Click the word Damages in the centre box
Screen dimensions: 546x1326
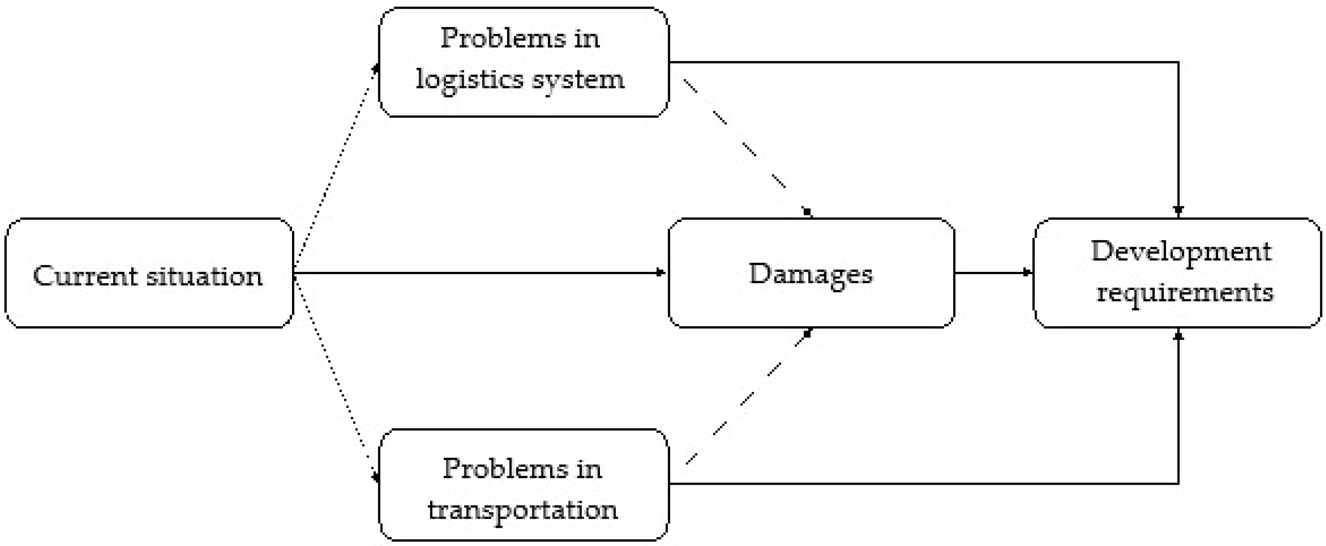click(x=811, y=274)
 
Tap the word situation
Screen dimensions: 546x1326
click(x=205, y=276)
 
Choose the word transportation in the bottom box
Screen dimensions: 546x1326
click(x=522, y=510)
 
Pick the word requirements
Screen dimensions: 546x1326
click(x=1184, y=293)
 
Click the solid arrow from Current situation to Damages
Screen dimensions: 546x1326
click(x=479, y=273)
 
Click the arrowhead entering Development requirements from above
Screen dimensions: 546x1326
click(x=1178, y=211)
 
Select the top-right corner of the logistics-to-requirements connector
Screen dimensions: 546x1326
click(x=1178, y=62)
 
